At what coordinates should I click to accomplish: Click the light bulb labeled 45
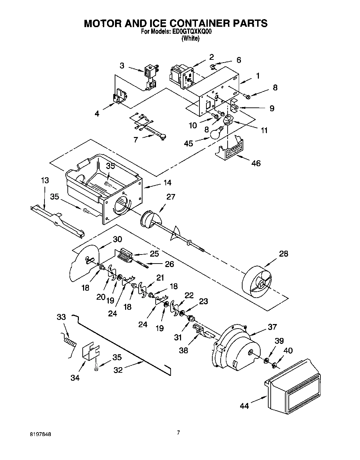(x=217, y=132)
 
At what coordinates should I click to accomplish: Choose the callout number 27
(x=171, y=197)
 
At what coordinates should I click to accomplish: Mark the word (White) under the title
(x=190, y=39)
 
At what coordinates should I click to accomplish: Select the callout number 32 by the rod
(x=118, y=370)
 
